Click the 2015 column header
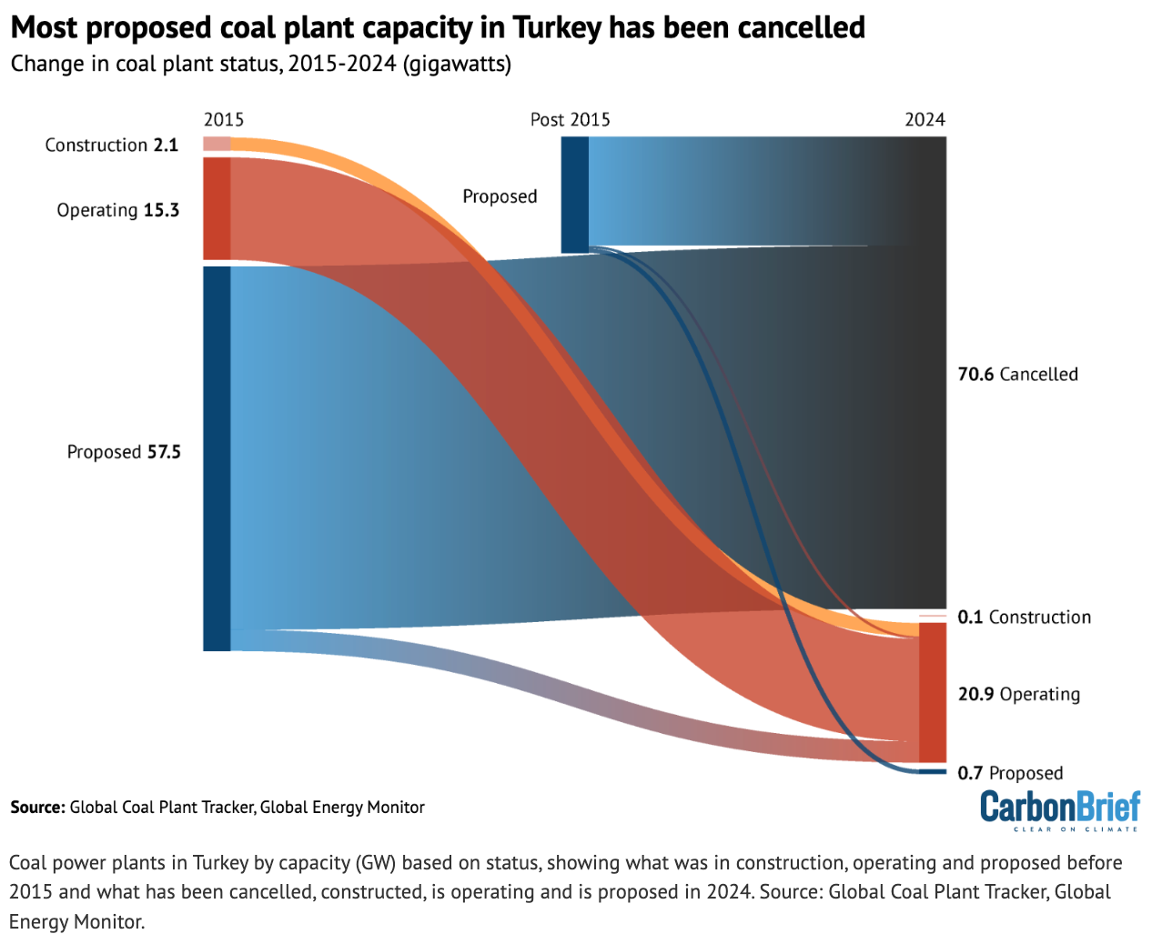click(223, 119)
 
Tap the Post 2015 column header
click(570, 119)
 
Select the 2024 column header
click(925, 119)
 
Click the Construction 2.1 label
click(111, 145)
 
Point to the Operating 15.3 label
click(117, 210)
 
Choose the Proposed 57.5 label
click(124, 452)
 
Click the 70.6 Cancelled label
click(1017, 374)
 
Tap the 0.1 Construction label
click(1024, 617)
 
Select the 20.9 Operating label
click(1018, 694)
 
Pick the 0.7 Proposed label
click(1010, 773)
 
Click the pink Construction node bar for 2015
click(217, 144)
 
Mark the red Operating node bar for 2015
click(217, 208)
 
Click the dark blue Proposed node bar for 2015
click(217, 458)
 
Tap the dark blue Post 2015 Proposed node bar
click(574, 195)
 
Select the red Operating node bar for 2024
click(933, 693)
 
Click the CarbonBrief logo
click(1059, 808)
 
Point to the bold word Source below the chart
click(37, 807)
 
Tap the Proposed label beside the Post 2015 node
click(500, 196)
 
